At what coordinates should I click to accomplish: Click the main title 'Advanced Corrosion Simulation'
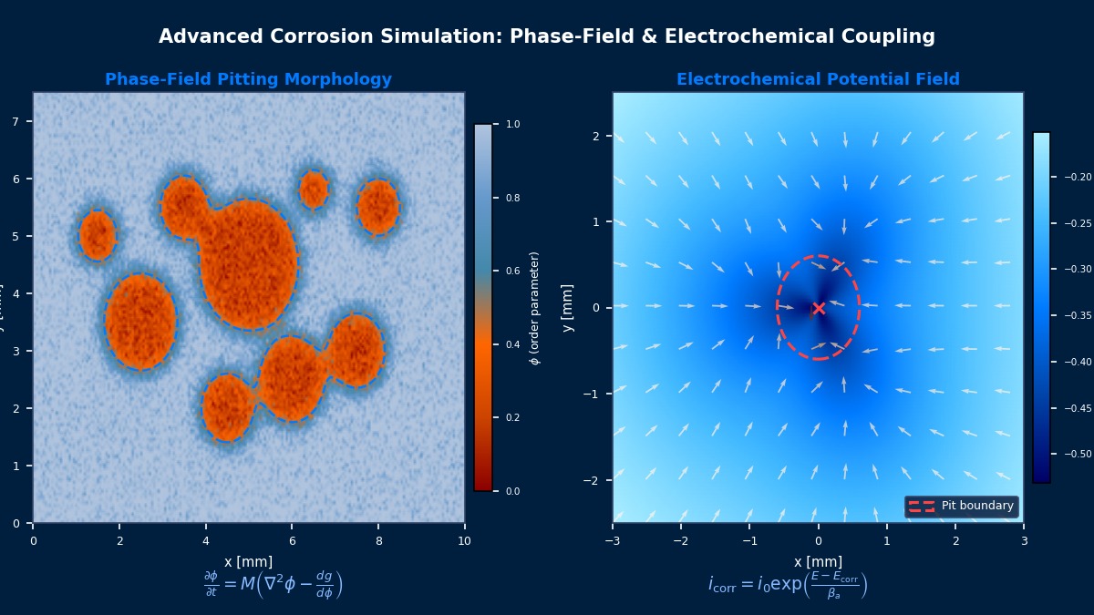(546, 36)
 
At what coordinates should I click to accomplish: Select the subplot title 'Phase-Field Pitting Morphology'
(248, 80)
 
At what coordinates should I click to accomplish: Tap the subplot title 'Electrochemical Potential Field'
(818, 80)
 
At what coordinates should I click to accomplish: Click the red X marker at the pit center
(819, 308)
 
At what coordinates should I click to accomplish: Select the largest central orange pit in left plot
(248, 264)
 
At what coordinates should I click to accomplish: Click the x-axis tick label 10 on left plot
(464, 540)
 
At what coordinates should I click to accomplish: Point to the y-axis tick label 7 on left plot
(15, 121)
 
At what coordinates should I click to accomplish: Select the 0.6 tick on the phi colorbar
(512, 271)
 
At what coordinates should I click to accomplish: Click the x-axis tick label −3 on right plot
(612, 540)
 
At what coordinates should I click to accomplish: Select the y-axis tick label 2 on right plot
(594, 136)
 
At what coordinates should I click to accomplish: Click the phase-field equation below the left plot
(273, 585)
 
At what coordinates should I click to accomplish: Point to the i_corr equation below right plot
(788, 585)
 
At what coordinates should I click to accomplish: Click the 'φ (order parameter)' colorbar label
(535, 308)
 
